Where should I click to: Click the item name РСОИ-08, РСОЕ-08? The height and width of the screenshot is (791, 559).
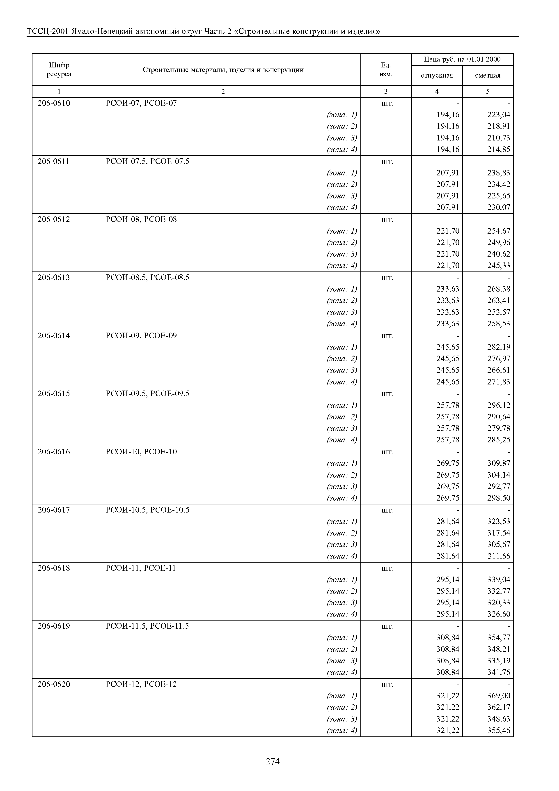click(141, 219)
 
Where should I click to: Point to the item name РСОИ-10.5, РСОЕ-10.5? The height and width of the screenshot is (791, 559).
click(147, 510)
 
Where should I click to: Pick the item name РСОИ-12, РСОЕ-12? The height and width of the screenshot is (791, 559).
click(141, 684)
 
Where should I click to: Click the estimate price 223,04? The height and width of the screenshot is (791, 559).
click(498, 115)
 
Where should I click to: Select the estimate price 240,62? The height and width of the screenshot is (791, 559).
click(498, 254)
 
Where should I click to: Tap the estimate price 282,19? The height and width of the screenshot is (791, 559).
click(498, 347)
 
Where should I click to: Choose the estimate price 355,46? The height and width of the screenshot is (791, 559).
click(498, 730)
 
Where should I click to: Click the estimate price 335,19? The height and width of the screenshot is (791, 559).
click(498, 660)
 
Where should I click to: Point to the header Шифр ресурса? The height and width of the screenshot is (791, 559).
click(59, 70)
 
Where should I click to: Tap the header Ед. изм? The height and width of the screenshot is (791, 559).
click(385, 70)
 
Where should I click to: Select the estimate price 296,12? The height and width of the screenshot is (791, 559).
click(498, 405)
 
